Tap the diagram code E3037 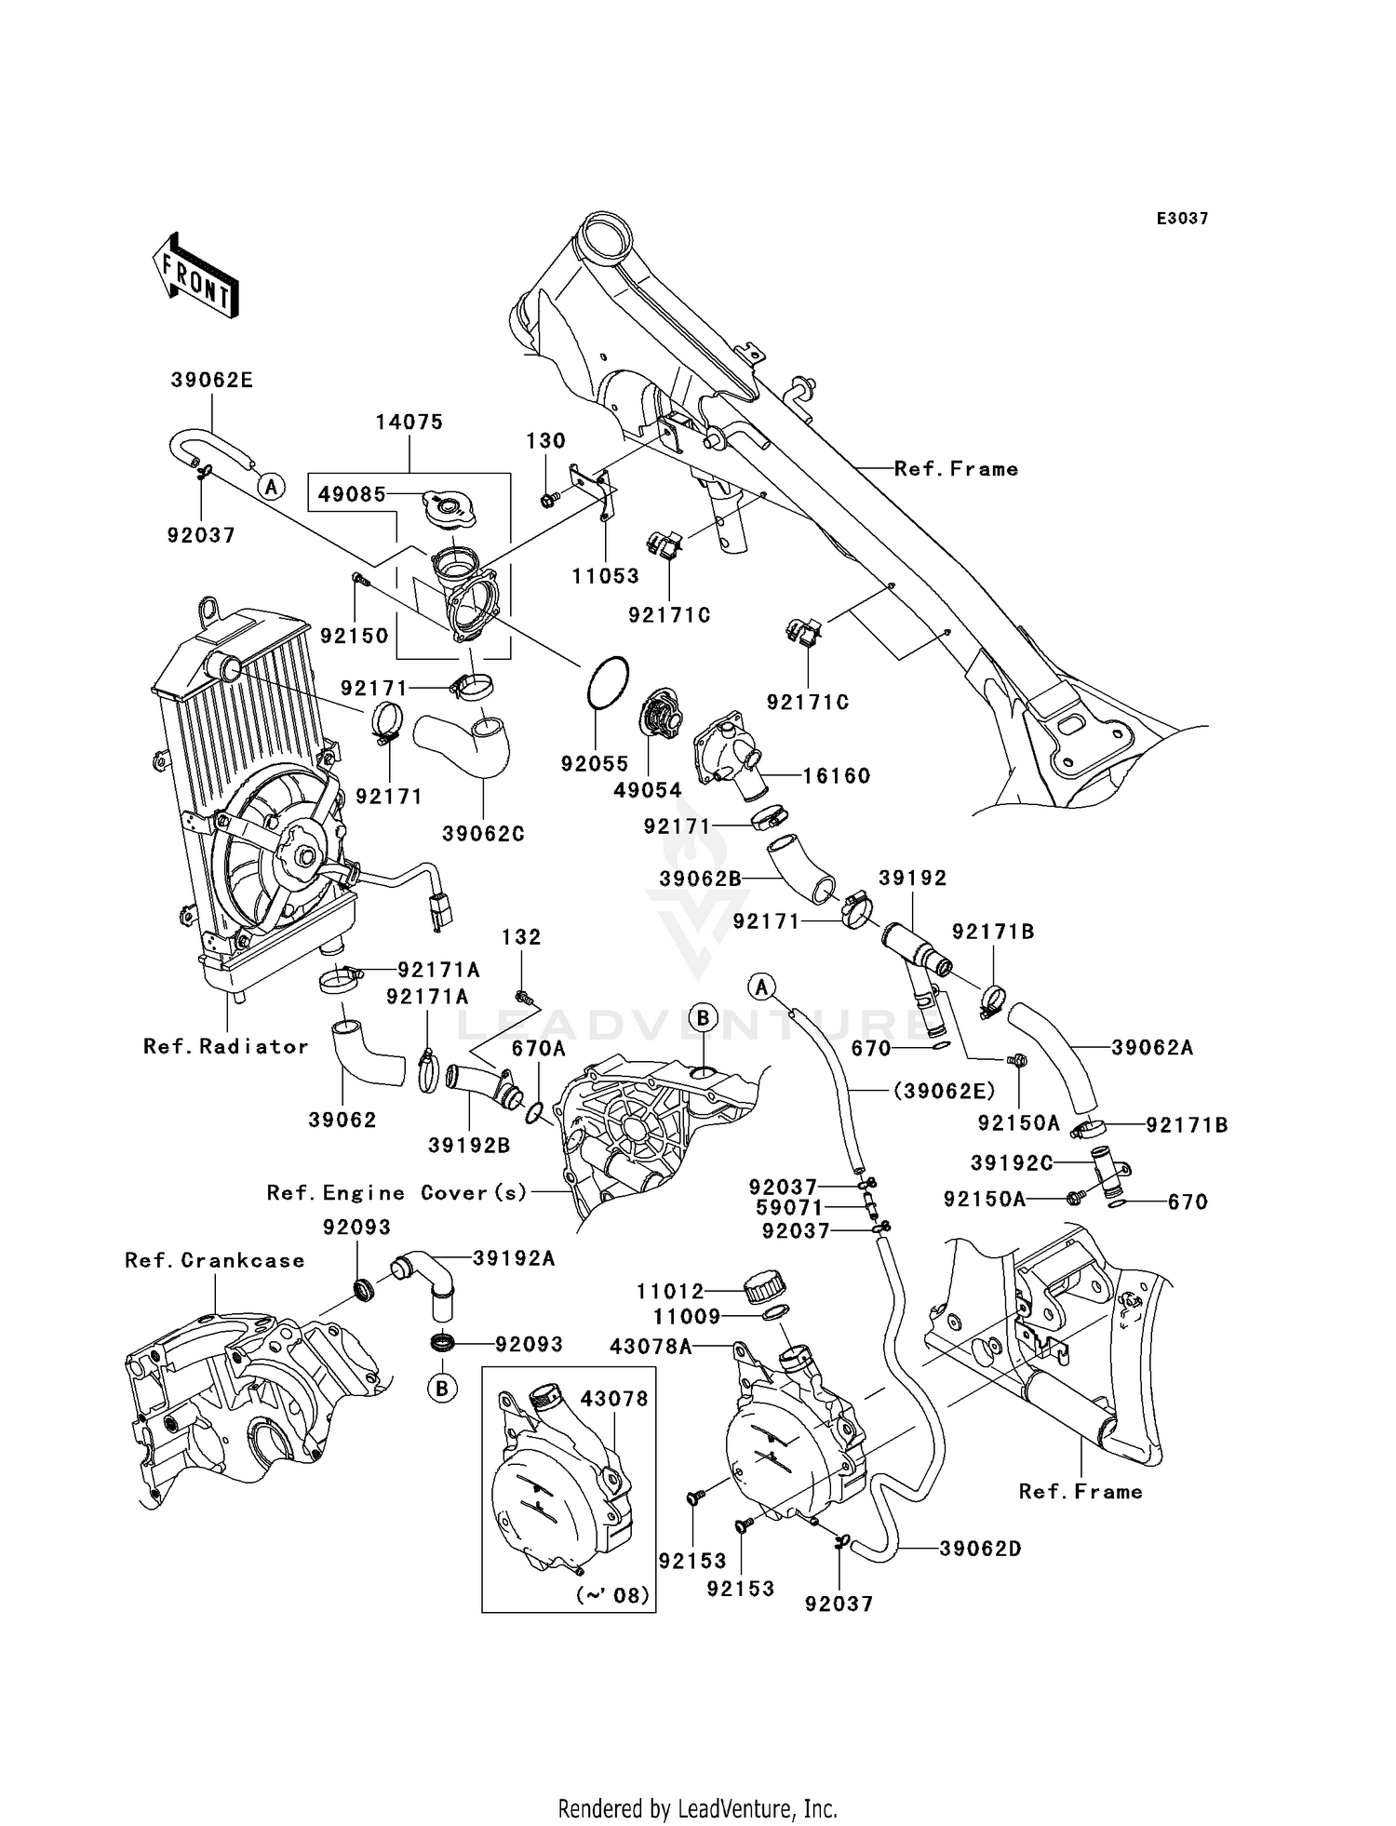tap(1182, 219)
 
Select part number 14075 tap(409, 422)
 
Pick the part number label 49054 tap(648, 790)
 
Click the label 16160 tap(836, 775)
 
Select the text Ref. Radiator tap(225, 1046)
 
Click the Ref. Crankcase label tap(214, 1260)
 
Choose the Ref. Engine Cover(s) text tap(397, 1192)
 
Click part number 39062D tap(980, 1549)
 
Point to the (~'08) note tap(612, 1595)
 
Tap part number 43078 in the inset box tap(614, 1399)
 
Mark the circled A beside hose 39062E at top tap(271, 486)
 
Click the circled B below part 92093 tap(442, 1389)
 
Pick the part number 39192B tap(469, 1146)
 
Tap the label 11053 tap(605, 576)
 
